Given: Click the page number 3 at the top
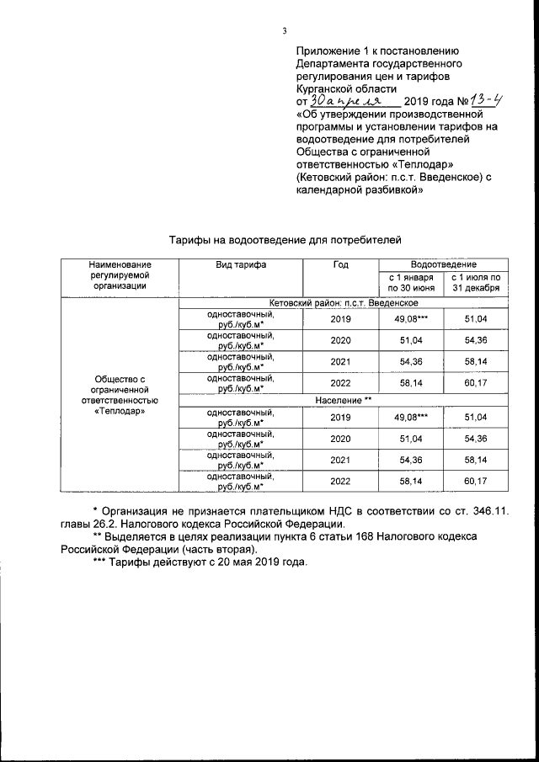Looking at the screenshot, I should click(x=286, y=31).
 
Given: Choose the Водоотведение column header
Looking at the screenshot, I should click(x=443, y=264).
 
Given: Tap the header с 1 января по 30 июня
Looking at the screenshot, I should click(x=411, y=283).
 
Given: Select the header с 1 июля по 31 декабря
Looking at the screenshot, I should click(x=476, y=283).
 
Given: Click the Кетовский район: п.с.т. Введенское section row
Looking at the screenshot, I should click(x=344, y=302).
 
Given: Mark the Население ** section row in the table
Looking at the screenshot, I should click(x=344, y=398).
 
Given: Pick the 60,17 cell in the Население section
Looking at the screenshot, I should click(x=476, y=480).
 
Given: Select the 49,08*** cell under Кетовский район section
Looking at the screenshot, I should click(x=411, y=320).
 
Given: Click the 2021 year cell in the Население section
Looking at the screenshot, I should click(x=340, y=459).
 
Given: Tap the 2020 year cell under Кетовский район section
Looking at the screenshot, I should click(x=340, y=341).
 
